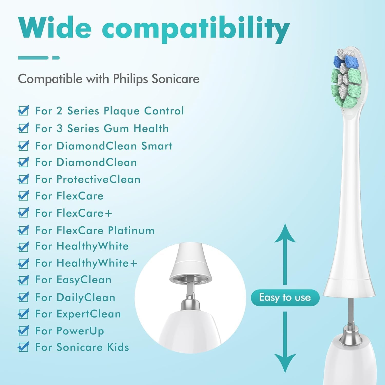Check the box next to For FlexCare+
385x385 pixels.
click(23, 213)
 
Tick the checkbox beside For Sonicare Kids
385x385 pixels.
click(23, 347)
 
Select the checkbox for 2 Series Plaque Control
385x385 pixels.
click(23, 111)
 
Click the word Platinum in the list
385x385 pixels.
click(131, 230)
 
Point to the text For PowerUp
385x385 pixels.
click(70, 331)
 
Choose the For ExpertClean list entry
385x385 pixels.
click(78, 314)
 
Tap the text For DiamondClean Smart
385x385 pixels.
click(104, 146)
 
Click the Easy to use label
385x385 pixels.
click(285, 297)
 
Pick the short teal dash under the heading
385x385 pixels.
click(56, 58)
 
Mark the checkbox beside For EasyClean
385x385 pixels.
click(23, 280)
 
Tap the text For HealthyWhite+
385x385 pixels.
click(86, 263)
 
